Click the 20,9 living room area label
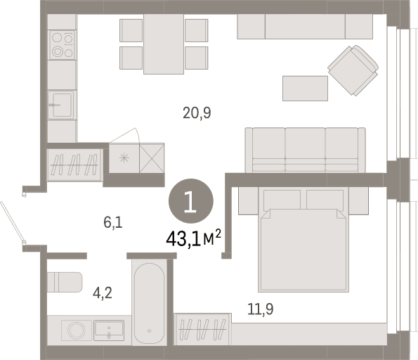pos(197,112)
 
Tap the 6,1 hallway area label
pos(113,223)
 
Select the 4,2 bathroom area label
pos(103,293)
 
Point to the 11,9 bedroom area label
pos(261,309)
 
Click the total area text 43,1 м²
pos(193,238)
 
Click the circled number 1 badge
pos(191,201)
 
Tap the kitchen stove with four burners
pos(63,45)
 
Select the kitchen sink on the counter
pos(61,105)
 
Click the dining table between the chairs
pos(164,44)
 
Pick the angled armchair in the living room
pos(353,70)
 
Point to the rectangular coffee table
pos(305,89)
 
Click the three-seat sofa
pos(305,150)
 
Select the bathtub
pos(149,304)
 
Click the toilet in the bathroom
pos(65,282)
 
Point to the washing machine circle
pos(77,330)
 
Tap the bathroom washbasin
pos(109,330)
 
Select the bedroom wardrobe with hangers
pos(202,329)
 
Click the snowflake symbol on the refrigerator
pos(124,158)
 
